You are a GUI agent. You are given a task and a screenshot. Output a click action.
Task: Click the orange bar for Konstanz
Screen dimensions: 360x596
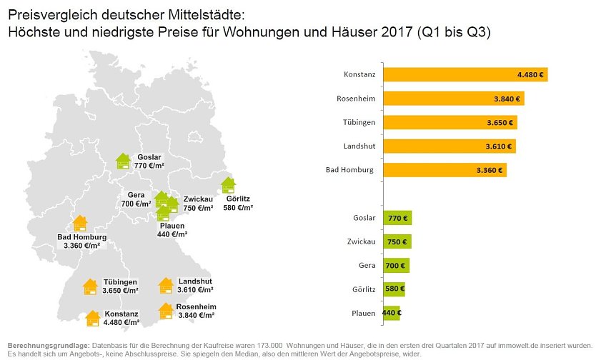click(x=465, y=74)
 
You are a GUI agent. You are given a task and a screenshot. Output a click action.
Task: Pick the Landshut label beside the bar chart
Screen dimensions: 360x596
click(x=359, y=146)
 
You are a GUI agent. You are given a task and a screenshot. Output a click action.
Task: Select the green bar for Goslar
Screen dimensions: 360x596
click(x=397, y=218)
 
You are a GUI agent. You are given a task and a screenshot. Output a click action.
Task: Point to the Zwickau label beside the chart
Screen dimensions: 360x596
click(x=360, y=241)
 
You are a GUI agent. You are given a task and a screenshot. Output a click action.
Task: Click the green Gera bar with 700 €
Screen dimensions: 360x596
click(x=396, y=266)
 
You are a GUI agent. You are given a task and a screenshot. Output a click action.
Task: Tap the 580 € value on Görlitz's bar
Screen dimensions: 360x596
click(x=394, y=289)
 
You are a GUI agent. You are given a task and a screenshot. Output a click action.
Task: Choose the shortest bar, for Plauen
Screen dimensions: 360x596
click(x=392, y=313)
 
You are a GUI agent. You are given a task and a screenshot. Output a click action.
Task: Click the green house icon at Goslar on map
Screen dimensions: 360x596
click(x=124, y=161)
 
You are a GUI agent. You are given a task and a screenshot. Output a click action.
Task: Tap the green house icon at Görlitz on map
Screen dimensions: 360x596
click(x=229, y=185)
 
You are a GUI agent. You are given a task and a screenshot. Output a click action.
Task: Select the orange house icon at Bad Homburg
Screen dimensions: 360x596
click(x=80, y=224)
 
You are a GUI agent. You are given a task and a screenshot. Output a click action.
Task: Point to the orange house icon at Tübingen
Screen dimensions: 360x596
click(x=90, y=286)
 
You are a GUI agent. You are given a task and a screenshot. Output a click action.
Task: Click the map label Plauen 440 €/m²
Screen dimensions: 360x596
click(x=172, y=230)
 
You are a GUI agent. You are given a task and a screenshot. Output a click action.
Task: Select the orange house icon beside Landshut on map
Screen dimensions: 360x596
click(x=166, y=286)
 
